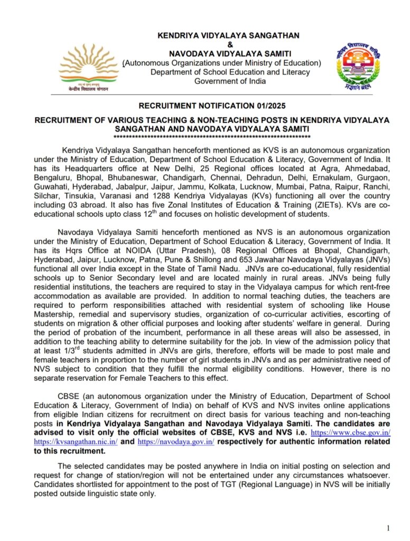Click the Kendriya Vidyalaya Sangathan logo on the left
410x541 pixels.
click(88, 68)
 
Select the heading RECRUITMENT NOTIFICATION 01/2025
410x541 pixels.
click(211, 106)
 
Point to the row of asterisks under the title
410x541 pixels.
click(211, 136)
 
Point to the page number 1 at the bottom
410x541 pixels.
click(388, 528)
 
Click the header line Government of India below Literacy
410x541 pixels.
click(230, 81)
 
